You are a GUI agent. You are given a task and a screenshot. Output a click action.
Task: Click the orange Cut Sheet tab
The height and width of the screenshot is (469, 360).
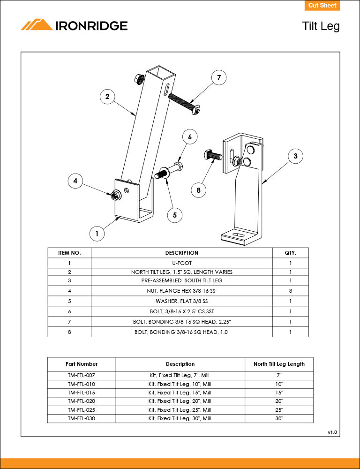[x=322, y=6]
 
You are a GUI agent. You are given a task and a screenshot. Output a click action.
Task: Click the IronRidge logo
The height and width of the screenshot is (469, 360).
[x=74, y=25]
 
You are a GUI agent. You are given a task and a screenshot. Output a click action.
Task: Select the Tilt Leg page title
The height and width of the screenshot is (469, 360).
[x=321, y=26]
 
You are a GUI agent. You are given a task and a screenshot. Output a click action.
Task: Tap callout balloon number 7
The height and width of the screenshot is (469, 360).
[x=218, y=78]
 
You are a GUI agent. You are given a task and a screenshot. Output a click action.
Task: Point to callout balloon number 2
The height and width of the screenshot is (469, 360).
[x=107, y=97]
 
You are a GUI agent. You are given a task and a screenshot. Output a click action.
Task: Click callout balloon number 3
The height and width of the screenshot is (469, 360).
[x=295, y=157]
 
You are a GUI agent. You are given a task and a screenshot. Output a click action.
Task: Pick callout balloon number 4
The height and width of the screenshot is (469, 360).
[x=75, y=181]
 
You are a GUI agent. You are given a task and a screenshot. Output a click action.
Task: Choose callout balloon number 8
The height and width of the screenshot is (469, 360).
[x=199, y=190]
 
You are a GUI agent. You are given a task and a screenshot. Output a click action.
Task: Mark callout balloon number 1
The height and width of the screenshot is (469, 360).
[x=97, y=233]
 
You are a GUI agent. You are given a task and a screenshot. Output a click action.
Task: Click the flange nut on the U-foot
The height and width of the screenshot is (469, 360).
[x=114, y=195]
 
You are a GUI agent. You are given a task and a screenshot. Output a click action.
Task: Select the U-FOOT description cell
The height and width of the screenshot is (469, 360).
[x=182, y=264]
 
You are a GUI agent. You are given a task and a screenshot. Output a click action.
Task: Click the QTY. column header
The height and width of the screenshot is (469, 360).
[x=291, y=253]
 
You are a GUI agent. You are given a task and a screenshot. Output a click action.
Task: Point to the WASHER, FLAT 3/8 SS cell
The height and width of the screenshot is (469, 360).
[x=182, y=301]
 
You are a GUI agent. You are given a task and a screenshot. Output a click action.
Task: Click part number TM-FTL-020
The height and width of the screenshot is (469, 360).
[x=82, y=401]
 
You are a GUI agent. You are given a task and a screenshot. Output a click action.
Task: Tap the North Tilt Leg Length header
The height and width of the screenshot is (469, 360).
[x=279, y=364]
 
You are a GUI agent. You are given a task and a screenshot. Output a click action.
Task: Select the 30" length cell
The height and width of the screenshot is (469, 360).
[x=279, y=418]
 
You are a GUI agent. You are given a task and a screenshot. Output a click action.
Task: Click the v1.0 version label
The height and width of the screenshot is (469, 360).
[x=332, y=432]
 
